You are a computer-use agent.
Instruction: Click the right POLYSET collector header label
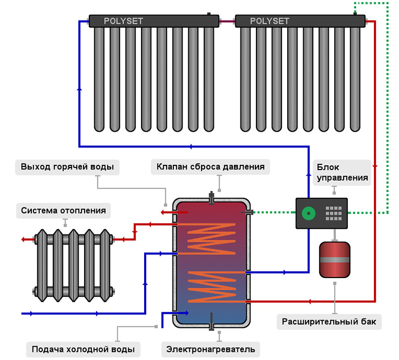coord(270,21)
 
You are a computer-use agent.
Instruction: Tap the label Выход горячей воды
coord(67,166)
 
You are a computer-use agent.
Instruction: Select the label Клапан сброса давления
coord(211,166)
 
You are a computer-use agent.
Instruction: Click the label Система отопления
coord(63,211)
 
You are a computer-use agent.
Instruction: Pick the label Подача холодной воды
coord(82,349)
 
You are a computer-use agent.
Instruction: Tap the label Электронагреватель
coord(211,349)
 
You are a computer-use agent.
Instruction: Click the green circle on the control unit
coord(307,214)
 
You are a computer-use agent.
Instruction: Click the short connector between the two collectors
coord(227,21)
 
